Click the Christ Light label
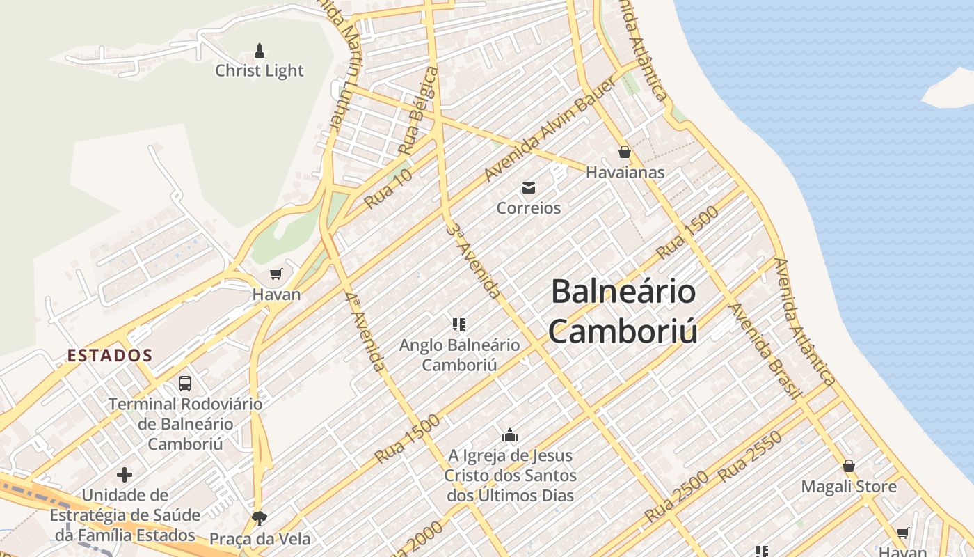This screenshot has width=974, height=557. point(259,70)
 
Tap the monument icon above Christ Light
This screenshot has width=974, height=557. point(260,50)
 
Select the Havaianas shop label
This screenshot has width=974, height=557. point(625,172)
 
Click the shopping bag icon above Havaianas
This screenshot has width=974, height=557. point(625,151)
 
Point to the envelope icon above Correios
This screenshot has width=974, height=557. point(529,187)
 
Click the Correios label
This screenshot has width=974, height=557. point(529,207)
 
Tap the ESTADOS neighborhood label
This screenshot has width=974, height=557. point(110,355)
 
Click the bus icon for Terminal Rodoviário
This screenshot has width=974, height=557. point(185,383)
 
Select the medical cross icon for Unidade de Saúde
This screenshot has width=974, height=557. point(125,475)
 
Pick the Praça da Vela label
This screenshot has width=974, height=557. point(260,538)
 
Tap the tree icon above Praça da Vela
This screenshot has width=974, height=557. point(260,518)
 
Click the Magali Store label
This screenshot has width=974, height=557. point(849,486)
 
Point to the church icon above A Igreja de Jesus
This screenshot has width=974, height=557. point(510,435)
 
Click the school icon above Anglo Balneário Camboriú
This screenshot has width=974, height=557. point(458,324)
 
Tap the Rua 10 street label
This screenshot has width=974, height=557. point(388,188)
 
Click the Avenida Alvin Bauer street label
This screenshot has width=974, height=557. point(550,130)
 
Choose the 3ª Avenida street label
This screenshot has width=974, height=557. point(473,261)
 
